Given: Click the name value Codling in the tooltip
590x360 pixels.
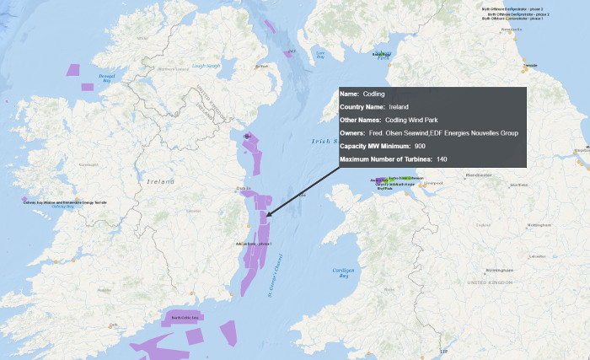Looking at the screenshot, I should click(373, 94).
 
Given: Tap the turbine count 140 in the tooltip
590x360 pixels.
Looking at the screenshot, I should click(442, 159).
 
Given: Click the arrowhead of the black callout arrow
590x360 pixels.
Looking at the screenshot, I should click(268, 216).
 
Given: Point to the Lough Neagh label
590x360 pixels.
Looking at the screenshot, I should click(206, 66).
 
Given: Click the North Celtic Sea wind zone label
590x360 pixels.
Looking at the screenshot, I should click(185, 317).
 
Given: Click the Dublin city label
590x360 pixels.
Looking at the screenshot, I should click(244, 188).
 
